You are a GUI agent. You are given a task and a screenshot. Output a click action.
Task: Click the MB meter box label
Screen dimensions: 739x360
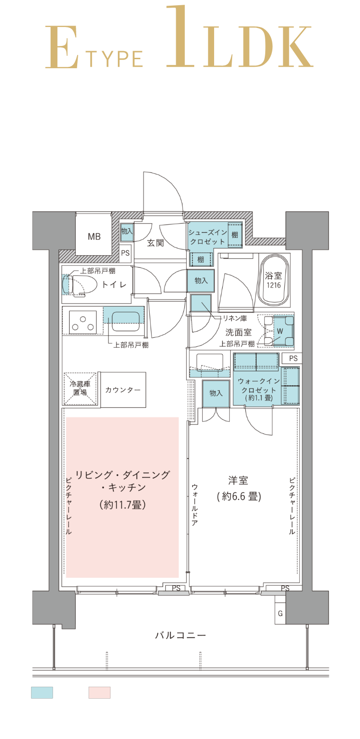coord(94,236)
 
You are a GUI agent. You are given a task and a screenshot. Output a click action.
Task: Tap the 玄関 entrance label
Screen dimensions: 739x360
coord(155,243)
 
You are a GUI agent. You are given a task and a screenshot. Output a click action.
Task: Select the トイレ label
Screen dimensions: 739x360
coord(114,284)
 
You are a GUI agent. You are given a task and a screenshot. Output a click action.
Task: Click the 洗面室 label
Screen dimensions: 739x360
coord(238,333)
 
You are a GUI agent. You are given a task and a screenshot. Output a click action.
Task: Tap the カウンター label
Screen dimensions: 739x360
coord(123,390)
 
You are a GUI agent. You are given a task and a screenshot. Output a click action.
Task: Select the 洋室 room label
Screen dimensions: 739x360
coord(238,480)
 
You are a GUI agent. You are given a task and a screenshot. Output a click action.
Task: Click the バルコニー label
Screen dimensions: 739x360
coord(180,635)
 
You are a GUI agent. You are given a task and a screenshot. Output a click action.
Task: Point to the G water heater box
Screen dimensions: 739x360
coord(280,613)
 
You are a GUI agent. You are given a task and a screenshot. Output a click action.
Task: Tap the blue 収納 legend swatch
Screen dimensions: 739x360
coord(42,693)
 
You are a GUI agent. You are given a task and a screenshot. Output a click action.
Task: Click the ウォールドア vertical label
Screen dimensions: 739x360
coord(195,505)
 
